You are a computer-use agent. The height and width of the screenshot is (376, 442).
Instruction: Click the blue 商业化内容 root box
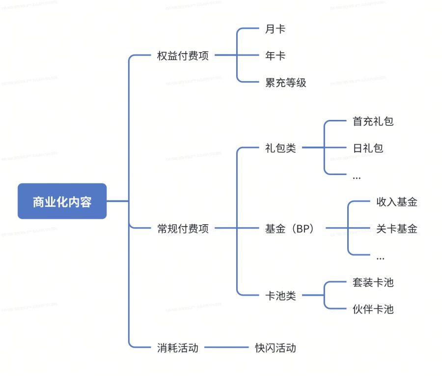click(62, 201)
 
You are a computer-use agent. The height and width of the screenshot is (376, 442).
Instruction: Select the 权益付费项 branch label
click(183, 56)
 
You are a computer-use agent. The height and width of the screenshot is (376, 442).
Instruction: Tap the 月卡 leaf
click(275, 29)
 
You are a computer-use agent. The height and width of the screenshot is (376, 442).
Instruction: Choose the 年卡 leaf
click(275, 56)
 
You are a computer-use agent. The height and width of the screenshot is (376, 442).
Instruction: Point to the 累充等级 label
click(285, 83)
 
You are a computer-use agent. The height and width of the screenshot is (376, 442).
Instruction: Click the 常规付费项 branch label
click(183, 228)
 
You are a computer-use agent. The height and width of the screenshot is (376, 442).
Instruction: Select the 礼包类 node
click(280, 148)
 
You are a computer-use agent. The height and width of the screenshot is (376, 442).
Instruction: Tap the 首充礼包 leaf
click(373, 121)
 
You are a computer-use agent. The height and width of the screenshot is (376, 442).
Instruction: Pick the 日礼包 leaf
click(368, 148)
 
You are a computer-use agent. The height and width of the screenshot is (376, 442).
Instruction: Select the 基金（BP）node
click(289, 228)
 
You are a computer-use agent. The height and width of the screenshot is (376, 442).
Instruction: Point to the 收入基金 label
click(397, 202)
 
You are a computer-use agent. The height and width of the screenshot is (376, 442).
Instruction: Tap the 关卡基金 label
click(397, 228)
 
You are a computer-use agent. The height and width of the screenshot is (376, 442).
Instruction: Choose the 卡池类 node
click(280, 296)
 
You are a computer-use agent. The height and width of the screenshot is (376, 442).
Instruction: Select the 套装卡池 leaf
click(373, 282)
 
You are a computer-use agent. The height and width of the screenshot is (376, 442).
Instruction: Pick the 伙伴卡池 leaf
click(373, 309)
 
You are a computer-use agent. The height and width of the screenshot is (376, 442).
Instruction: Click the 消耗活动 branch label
click(178, 347)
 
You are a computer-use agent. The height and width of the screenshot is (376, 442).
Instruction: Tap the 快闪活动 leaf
click(275, 347)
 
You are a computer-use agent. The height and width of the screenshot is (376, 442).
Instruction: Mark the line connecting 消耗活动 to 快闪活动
click(227, 347)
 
